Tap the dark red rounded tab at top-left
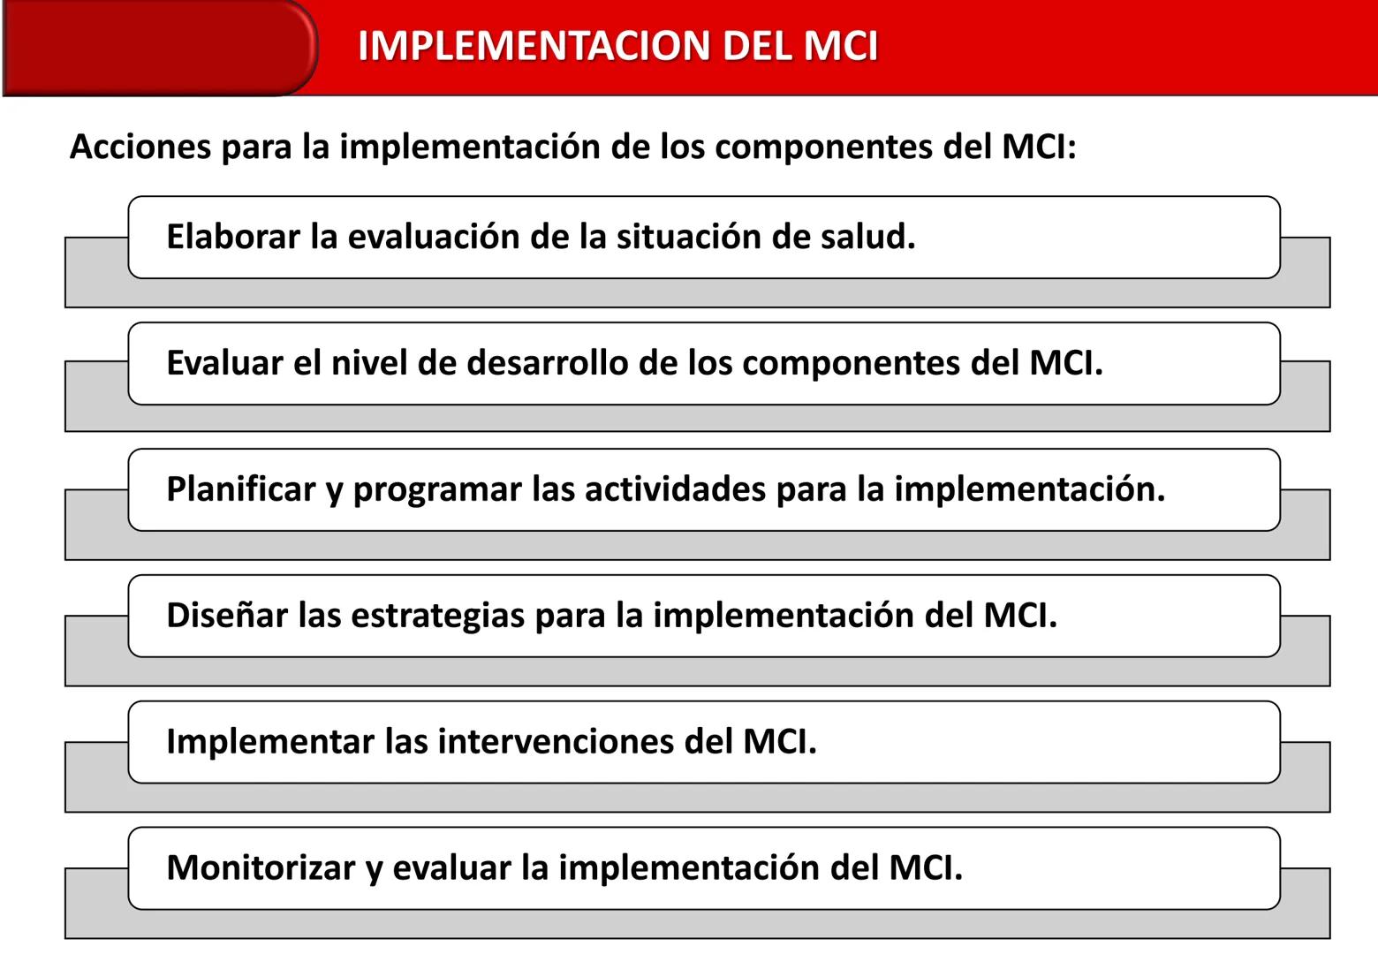click(x=159, y=48)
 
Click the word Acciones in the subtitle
click(x=140, y=147)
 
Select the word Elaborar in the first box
click(x=233, y=237)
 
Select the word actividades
click(x=676, y=489)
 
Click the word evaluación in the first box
click(x=434, y=237)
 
